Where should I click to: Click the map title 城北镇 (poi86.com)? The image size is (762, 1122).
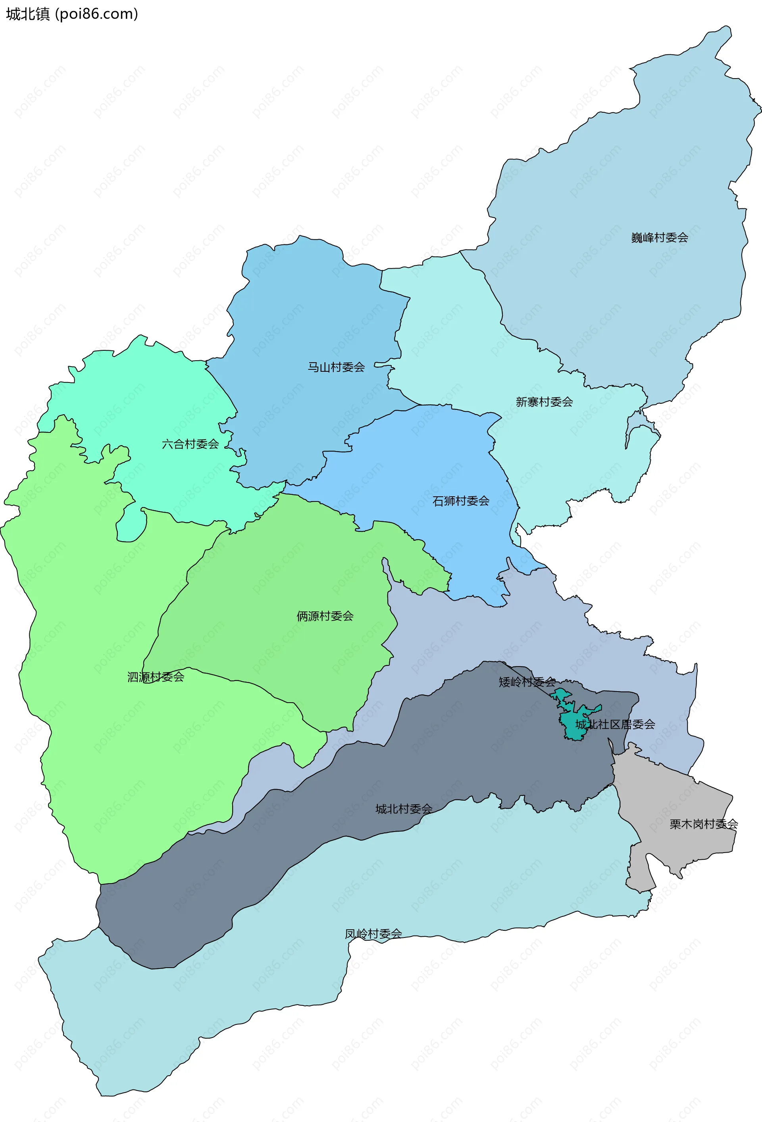pyautogui.click(x=72, y=14)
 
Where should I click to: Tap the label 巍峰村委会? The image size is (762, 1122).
pyautogui.click(x=659, y=238)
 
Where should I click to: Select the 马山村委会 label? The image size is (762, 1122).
pyautogui.click(x=336, y=367)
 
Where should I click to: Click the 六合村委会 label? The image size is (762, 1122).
pyautogui.click(x=190, y=444)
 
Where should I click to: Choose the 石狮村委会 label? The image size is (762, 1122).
pyautogui.click(x=461, y=501)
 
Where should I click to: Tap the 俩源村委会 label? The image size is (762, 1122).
pyautogui.click(x=325, y=616)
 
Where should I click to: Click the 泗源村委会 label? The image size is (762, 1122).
pyautogui.click(x=156, y=677)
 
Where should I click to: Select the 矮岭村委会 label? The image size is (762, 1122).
pyautogui.click(x=527, y=682)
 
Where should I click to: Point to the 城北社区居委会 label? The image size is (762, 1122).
pyautogui.click(x=615, y=724)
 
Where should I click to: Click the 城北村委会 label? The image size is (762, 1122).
pyautogui.click(x=404, y=809)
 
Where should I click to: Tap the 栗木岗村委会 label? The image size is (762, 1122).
pyautogui.click(x=703, y=824)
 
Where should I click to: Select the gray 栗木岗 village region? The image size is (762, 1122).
pyautogui.click(x=676, y=801)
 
